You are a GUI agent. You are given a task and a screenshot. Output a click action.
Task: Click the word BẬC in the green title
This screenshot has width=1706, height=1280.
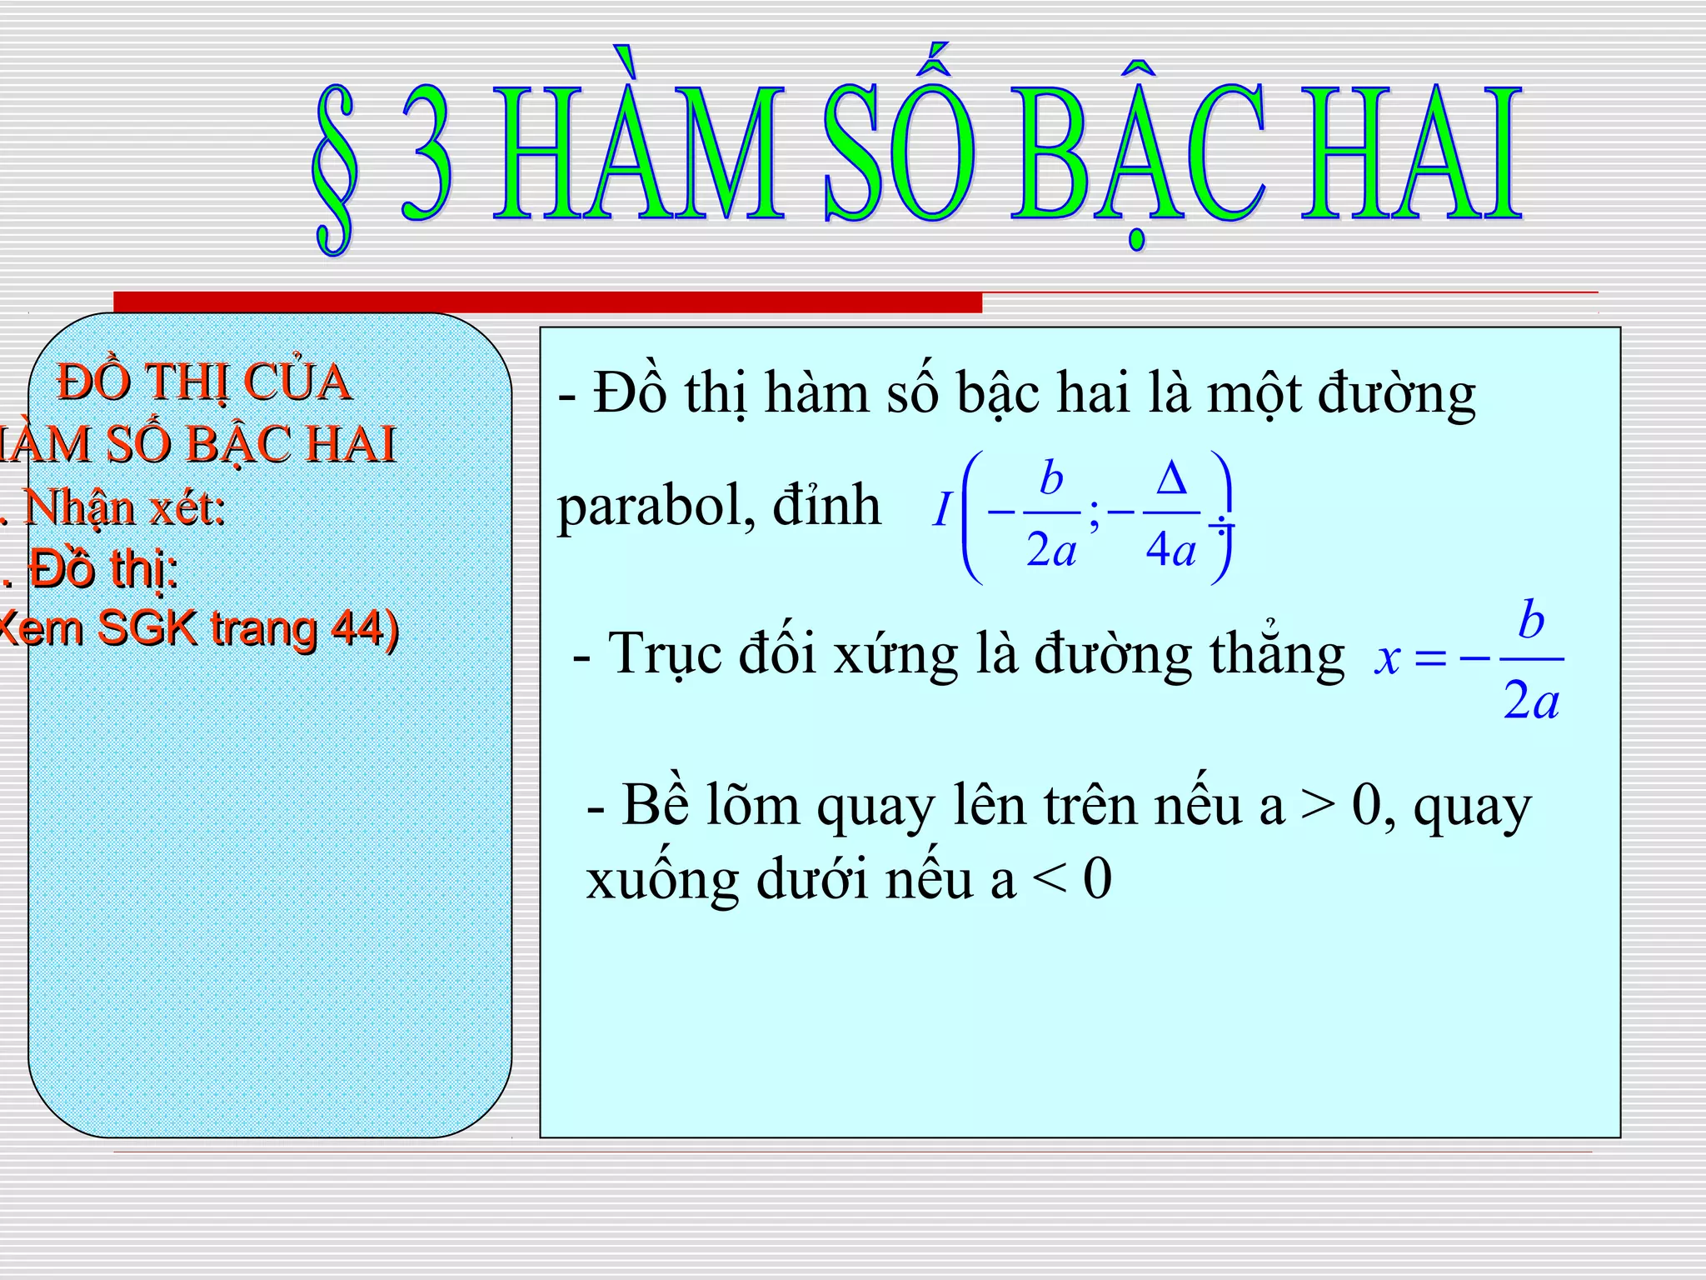[x=1137, y=154]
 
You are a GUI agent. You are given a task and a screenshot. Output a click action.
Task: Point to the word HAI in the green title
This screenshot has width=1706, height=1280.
[x=1411, y=154]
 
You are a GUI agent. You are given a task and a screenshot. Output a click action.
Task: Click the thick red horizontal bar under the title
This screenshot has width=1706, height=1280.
[x=547, y=302]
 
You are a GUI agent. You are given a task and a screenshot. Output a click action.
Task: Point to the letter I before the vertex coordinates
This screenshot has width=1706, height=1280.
[x=941, y=510]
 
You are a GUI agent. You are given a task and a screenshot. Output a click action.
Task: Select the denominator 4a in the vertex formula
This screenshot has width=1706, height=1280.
[x=1170, y=550]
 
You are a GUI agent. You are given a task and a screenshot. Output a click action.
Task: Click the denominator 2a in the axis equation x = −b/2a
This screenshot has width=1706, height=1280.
[x=1531, y=701]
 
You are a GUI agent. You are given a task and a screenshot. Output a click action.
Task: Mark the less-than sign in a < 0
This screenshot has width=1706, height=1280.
[x=1049, y=880]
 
